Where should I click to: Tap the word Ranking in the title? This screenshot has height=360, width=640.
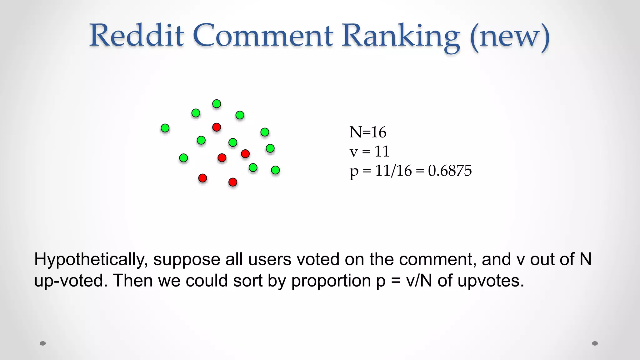(x=400, y=36)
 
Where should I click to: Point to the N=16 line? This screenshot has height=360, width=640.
(x=368, y=132)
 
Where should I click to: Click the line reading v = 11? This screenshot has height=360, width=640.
(x=369, y=152)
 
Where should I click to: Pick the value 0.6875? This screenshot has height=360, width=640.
(x=450, y=171)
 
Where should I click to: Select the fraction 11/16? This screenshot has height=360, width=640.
(x=393, y=171)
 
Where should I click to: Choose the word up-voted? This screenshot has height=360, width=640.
(x=69, y=281)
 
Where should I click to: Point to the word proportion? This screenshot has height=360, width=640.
(x=331, y=281)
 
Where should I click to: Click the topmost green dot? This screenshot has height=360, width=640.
(x=217, y=104)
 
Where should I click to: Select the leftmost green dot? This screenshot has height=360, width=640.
(x=165, y=128)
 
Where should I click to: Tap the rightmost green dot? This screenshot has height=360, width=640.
(x=275, y=170)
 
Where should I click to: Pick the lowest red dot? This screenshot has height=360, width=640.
(x=233, y=182)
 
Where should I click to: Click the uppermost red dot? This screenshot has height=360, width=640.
(x=217, y=127)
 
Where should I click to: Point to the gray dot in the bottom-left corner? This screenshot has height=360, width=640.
(x=43, y=343)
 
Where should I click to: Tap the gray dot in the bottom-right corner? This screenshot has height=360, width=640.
(x=595, y=343)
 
